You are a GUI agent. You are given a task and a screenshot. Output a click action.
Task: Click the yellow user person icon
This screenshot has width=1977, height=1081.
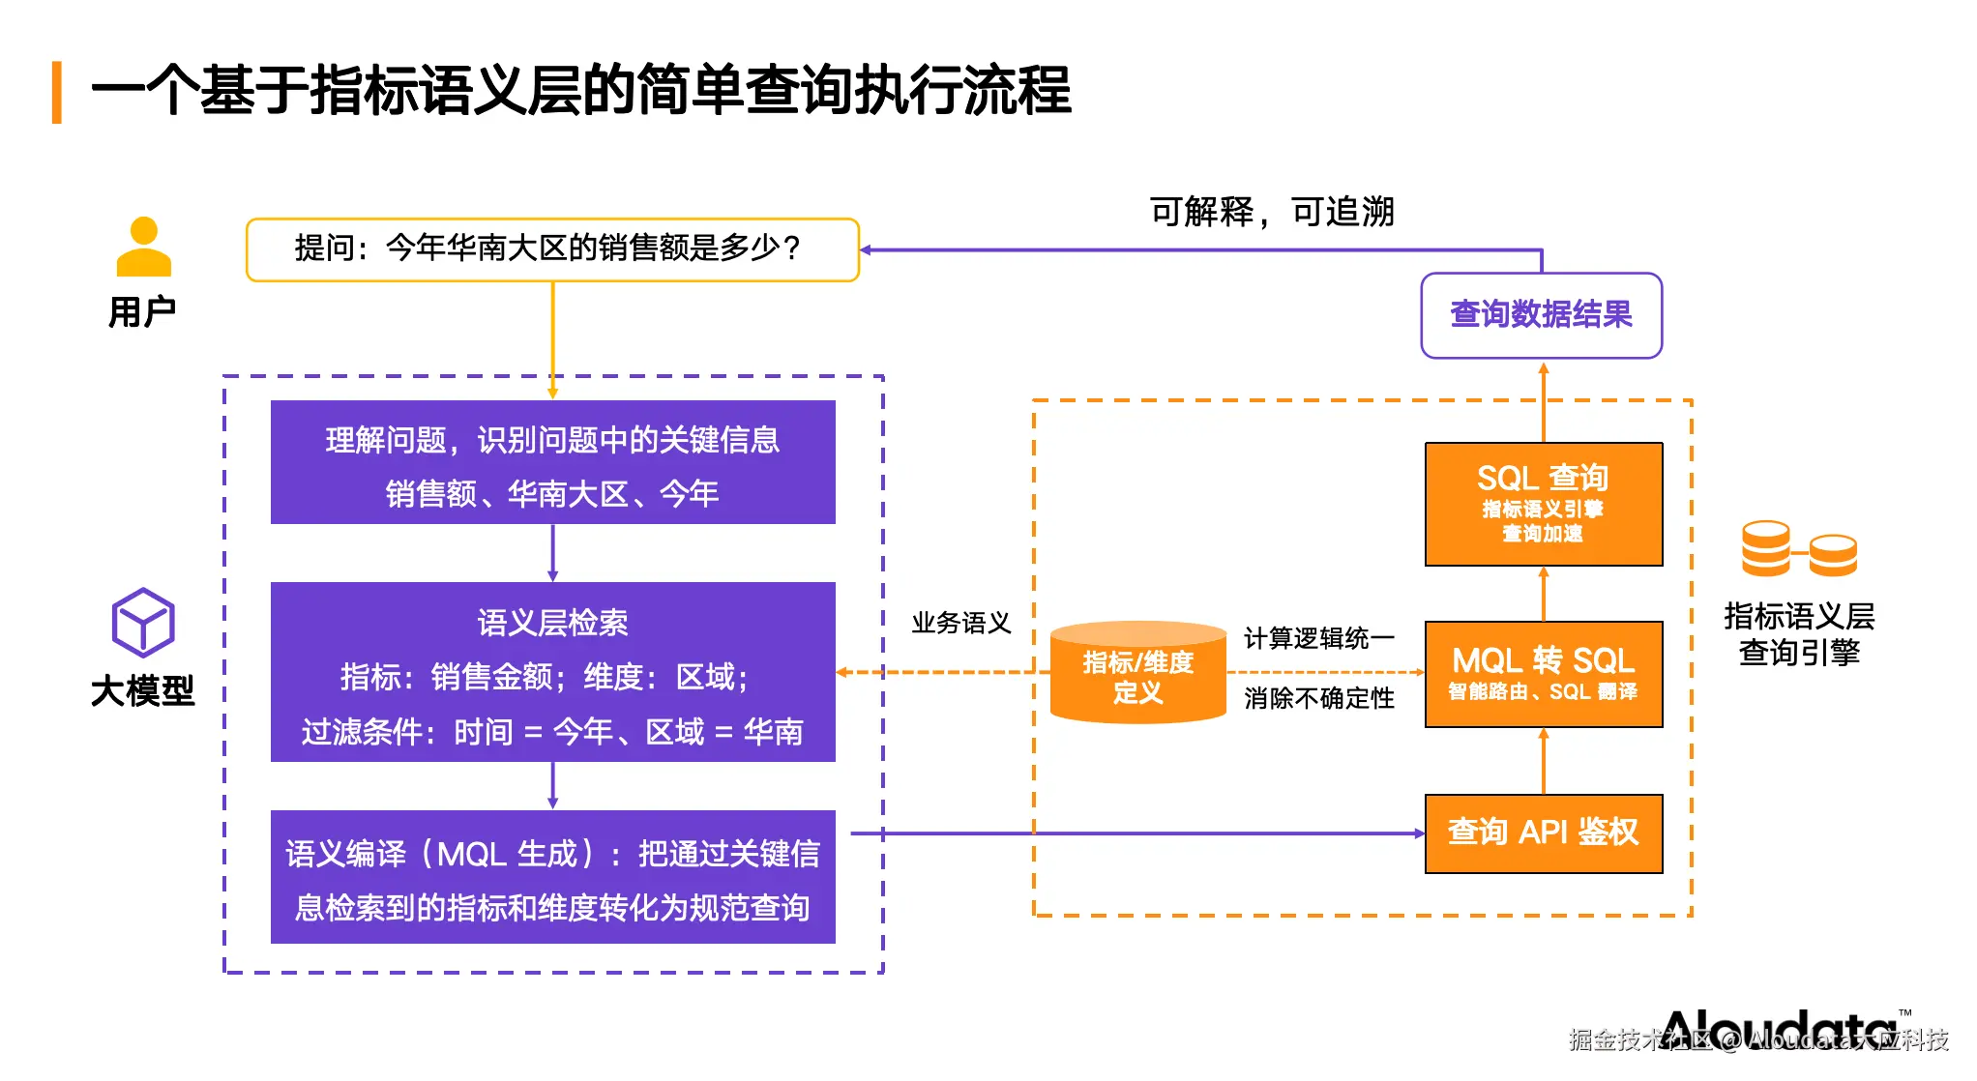(143, 248)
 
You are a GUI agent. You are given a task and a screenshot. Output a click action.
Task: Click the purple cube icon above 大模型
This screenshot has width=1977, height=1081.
(143, 623)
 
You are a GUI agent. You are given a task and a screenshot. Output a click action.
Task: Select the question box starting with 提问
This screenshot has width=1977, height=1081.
(552, 249)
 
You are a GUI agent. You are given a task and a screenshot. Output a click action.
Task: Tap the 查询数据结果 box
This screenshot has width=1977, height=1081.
(1541, 315)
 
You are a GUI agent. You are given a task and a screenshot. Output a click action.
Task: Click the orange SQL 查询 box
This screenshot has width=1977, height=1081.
(1544, 504)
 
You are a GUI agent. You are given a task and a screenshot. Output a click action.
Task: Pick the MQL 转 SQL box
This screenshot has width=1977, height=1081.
(1544, 674)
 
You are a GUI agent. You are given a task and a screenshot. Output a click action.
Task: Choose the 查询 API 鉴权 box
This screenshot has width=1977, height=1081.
(1544, 833)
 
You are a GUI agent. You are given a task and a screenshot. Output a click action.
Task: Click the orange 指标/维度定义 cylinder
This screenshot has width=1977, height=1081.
(1137, 674)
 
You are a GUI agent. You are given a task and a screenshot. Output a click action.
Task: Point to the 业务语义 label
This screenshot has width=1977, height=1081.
(960, 623)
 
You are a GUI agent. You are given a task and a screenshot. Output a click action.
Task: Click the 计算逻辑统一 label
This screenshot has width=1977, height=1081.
(1318, 638)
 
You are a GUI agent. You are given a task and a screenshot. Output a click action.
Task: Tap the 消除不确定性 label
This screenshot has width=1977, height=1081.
(1318, 698)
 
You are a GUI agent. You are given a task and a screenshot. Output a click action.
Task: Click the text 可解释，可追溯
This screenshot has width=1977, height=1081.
(1271, 212)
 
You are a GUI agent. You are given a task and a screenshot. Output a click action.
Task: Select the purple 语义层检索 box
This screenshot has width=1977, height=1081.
(552, 672)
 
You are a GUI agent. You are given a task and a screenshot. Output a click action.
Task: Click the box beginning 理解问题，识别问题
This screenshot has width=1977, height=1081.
(552, 462)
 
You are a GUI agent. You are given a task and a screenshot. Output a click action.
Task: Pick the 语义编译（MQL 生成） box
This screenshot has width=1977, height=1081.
(552, 877)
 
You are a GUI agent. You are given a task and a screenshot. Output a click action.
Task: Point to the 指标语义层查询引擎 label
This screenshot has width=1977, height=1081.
(1798, 634)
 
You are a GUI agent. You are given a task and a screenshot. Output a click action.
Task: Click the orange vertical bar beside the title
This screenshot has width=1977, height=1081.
(57, 93)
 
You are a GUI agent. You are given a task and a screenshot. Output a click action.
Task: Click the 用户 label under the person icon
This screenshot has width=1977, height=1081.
(142, 312)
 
